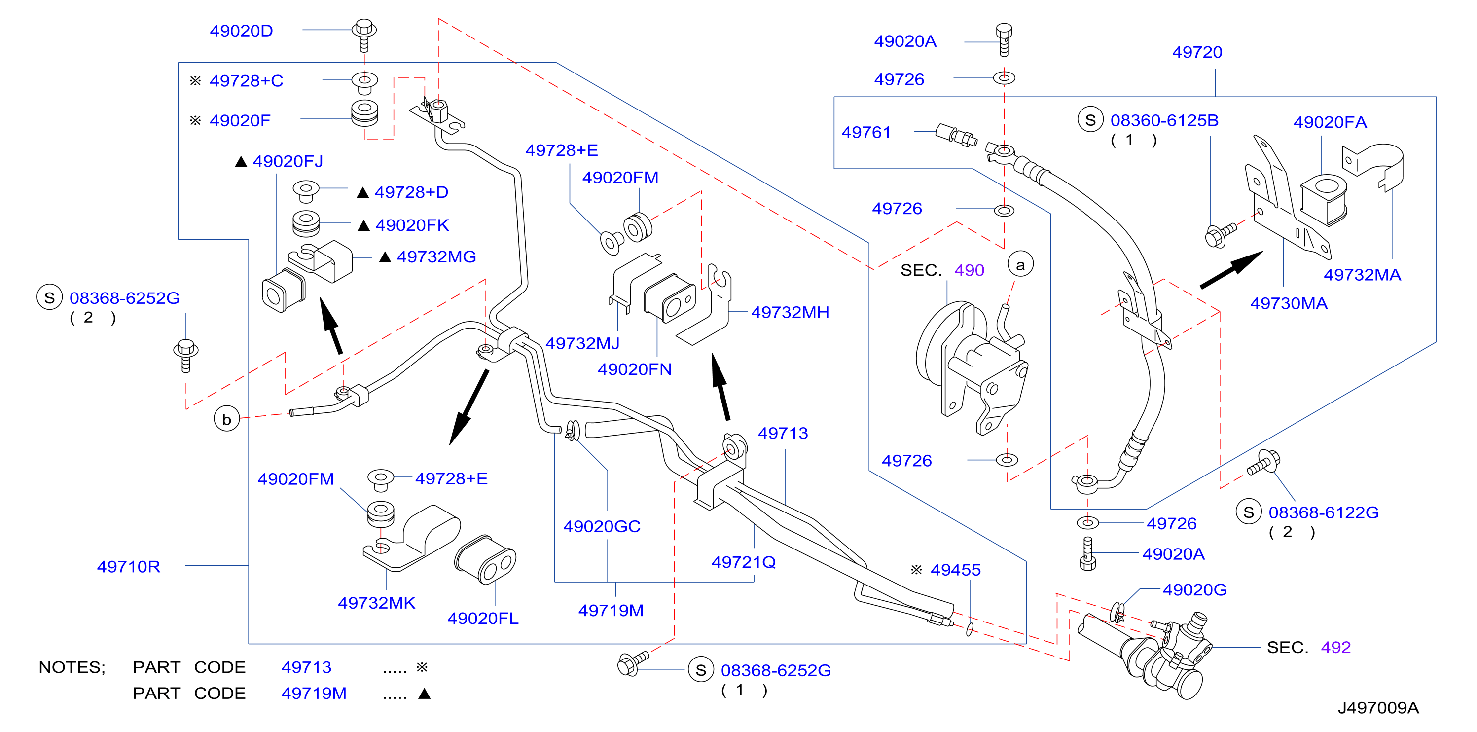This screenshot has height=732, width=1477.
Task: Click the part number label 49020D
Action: tap(241, 31)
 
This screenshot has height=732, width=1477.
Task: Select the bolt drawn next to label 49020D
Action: tap(364, 35)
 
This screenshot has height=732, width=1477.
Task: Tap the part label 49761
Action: tap(866, 133)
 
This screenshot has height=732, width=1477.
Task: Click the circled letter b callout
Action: tap(227, 419)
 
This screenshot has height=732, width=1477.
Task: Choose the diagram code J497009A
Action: tap(1378, 708)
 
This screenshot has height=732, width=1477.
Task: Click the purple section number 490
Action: tap(969, 270)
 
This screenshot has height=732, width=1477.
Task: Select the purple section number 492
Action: tap(1336, 648)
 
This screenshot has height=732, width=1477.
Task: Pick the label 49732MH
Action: tap(790, 313)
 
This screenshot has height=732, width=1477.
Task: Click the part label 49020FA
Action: tap(1330, 122)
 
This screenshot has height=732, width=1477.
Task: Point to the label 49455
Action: tap(955, 570)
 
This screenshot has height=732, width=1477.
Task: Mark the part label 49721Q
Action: tap(744, 562)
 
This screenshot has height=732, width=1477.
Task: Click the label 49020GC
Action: tap(602, 527)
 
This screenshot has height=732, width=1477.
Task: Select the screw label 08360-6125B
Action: tap(1164, 120)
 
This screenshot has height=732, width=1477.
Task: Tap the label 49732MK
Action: tap(377, 603)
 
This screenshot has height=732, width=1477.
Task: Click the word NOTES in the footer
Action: tap(72, 667)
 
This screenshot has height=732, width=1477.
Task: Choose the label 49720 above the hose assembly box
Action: tap(1197, 52)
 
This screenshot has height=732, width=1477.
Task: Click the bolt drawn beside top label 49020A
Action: tap(1004, 40)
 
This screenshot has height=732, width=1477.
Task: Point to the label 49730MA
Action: tap(1289, 303)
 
